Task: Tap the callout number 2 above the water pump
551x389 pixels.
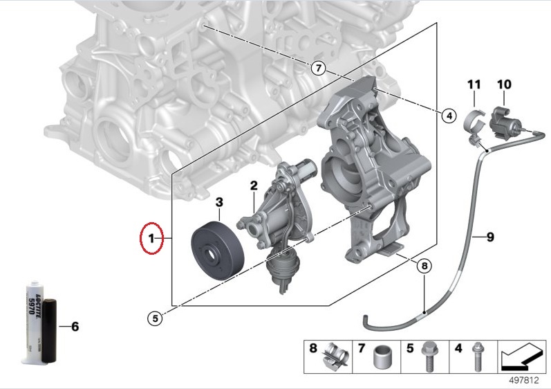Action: click(x=254, y=186)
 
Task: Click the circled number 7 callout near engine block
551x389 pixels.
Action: click(x=317, y=68)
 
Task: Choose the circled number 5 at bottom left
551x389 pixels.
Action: click(x=156, y=318)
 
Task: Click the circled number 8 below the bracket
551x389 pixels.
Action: click(x=424, y=264)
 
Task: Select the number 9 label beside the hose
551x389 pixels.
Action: click(x=489, y=238)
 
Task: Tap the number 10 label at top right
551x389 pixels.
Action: click(x=504, y=84)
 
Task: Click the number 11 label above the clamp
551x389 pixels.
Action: click(x=474, y=84)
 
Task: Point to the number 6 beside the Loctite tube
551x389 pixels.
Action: click(x=75, y=325)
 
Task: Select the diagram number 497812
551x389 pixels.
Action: click(x=525, y=381)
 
